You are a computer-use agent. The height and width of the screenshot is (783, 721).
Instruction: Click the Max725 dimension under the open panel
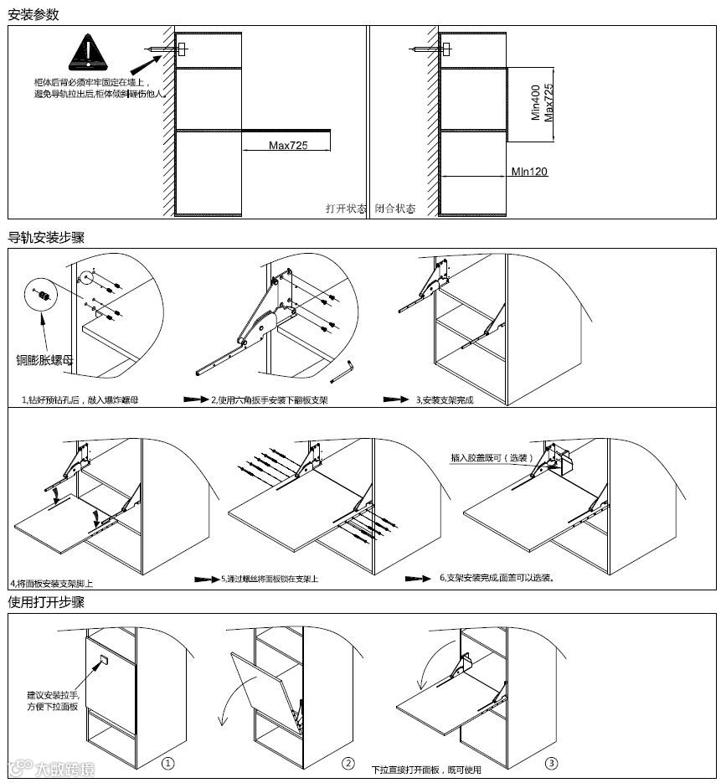point(287,146)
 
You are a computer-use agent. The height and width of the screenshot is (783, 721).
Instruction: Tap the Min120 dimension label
point(529,172)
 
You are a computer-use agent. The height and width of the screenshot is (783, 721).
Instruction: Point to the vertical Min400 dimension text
point(537,101)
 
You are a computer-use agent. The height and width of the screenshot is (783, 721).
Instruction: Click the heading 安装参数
point(33,14)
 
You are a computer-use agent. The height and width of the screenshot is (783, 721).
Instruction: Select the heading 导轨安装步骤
point(46,238)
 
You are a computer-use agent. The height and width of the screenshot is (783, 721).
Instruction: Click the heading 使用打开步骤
point(46,602)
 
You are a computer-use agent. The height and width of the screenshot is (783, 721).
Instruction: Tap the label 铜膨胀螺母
point(49,360)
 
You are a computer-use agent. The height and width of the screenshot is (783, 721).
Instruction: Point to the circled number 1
point(167,764)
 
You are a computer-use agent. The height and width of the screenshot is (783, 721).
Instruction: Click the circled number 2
point(348,764)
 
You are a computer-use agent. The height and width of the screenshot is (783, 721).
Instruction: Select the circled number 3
point(550,764)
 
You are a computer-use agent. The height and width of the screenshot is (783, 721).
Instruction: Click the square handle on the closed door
point(102,660)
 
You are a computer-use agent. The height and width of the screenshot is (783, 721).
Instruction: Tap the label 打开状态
point(346,209)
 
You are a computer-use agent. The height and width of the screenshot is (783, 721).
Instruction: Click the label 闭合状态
point(395,209)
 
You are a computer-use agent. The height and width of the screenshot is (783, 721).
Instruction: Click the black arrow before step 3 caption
point(396,399)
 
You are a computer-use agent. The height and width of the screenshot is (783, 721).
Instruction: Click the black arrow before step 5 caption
point(206,579)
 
